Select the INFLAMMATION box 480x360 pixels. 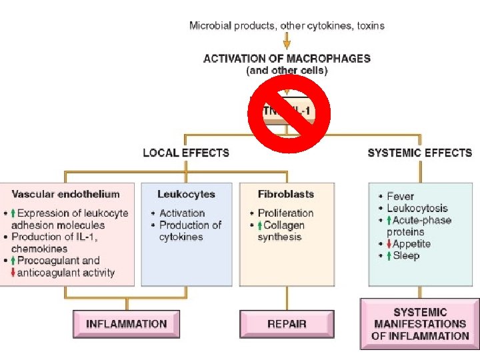point(126,324)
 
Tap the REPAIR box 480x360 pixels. point(287,324)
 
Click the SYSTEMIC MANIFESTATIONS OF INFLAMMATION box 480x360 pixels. point(419,324)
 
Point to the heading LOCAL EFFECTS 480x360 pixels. point(186,153)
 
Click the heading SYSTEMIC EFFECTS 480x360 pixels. point(419,153)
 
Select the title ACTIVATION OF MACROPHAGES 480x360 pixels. point(287,58)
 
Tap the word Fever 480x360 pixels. point(400,197)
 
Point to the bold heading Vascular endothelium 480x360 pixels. point(65,195)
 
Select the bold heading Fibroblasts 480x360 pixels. point(285,195)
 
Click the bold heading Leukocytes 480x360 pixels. point(186,195)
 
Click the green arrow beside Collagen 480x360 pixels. point(260,225)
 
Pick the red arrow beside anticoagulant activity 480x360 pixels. point(13,273)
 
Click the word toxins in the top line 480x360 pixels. point(370,26)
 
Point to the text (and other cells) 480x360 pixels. point(287,70)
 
